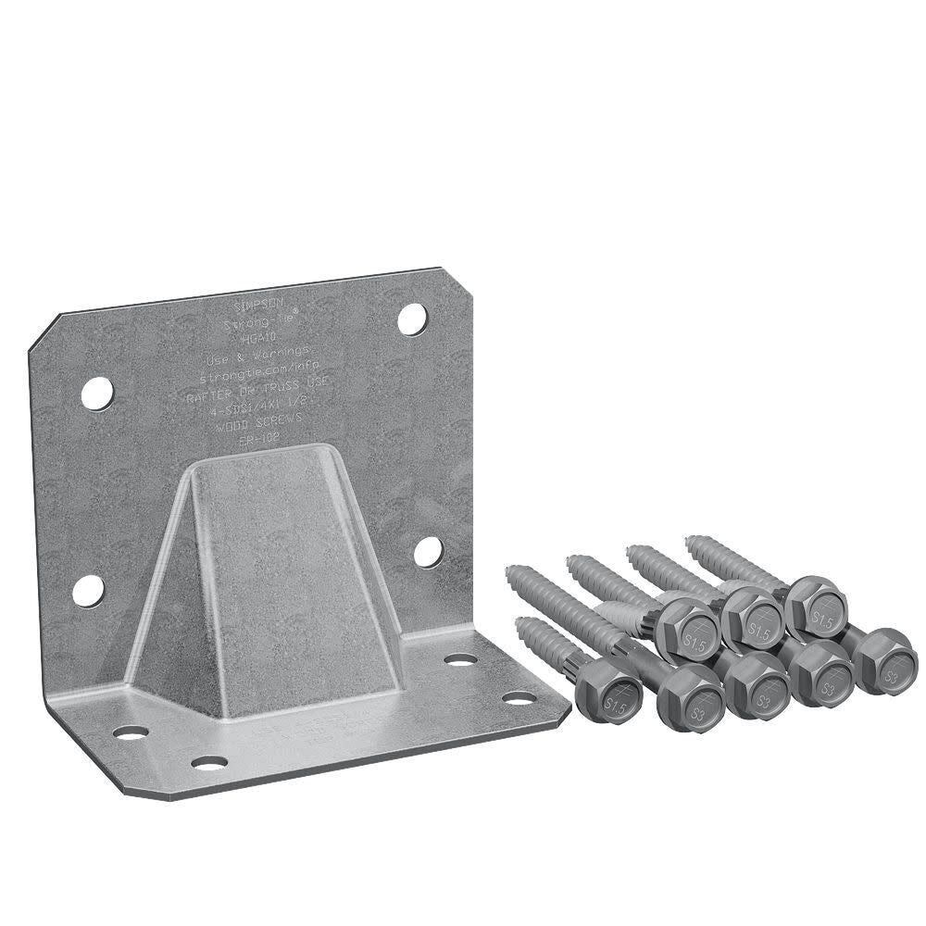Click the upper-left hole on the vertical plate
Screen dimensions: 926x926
point(96,394)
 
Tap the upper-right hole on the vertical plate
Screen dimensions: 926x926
point(412,319)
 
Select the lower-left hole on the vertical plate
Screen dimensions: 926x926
point(88,590)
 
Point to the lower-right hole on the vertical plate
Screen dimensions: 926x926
point(427,552)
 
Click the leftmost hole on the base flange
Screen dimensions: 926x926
point(131,732)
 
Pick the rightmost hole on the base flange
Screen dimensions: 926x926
point(519,697)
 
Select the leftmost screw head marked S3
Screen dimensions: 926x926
point(690,697)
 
